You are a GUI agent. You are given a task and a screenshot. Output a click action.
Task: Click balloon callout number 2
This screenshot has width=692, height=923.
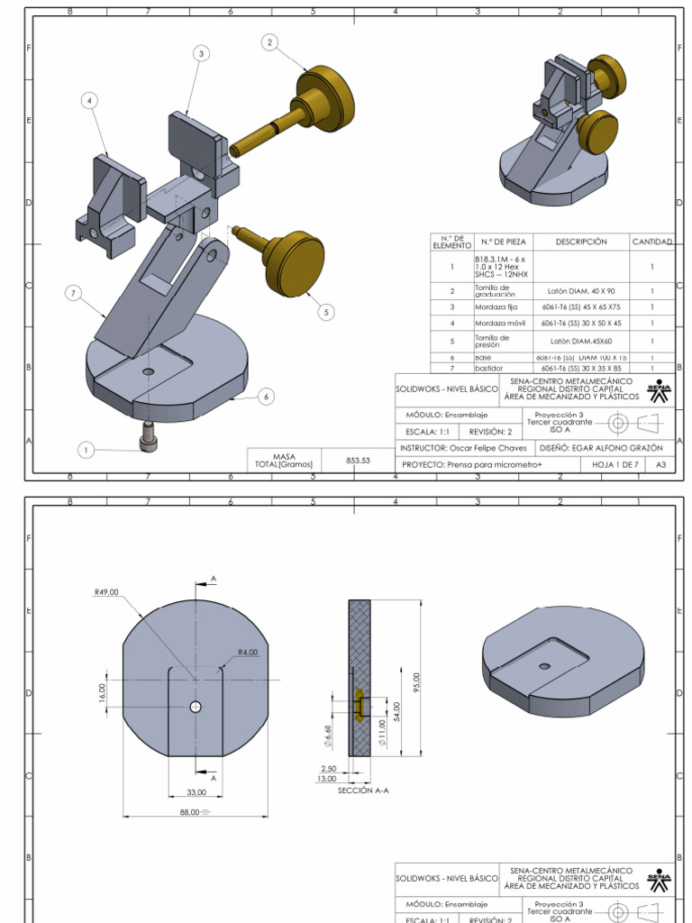270,41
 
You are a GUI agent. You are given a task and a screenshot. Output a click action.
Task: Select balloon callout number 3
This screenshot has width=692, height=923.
201,54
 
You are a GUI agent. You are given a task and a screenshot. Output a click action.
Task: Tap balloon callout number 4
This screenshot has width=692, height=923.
89,101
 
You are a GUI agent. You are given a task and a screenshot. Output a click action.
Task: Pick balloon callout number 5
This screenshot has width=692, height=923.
326,312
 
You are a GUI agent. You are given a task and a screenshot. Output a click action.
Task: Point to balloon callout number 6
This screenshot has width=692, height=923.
266,396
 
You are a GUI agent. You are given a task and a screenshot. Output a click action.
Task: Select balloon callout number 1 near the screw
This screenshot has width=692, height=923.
86,450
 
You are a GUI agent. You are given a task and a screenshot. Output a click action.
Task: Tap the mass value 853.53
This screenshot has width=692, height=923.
359,460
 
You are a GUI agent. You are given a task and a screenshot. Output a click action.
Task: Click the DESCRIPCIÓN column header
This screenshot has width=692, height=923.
581,242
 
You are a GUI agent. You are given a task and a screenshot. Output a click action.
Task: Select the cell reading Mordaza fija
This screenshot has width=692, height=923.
496,307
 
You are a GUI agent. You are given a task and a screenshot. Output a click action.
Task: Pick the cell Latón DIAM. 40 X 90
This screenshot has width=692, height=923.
581,291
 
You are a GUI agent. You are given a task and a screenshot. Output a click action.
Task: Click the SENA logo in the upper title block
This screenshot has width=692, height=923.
659,389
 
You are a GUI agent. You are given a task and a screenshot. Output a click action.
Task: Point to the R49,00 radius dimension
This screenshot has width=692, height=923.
106,592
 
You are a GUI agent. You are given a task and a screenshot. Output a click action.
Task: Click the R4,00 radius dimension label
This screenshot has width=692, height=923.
248,652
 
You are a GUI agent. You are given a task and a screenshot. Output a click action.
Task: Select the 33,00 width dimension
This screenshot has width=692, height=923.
196,791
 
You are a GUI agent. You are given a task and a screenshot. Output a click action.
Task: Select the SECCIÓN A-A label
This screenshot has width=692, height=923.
363,790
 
